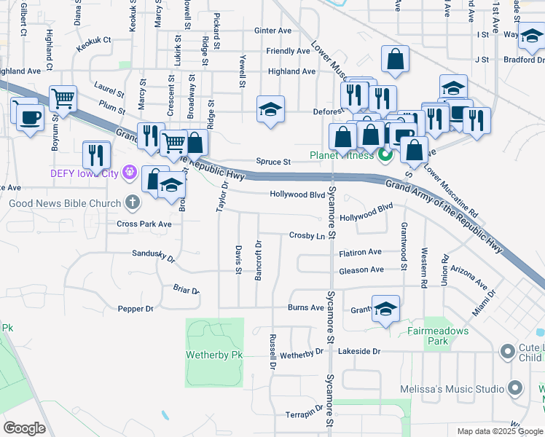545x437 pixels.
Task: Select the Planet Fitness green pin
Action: pyautogui.click(x=385, y=155)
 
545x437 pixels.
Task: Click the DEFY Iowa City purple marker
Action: pyautogui.click(x=130, y=172)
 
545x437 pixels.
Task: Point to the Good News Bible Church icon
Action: pyautogui.click(x=132, y=202)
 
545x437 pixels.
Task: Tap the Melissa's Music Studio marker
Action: pyautogui.click(x=516, y=388)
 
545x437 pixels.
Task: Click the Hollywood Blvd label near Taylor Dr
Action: pyautogui.click(x=297, y=194)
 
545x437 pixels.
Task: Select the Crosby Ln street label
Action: pyautogui.click(x=307, y=236)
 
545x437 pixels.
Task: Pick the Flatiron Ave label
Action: pyautogui.click(x=360, y=252)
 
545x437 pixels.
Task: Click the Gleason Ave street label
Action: pyautogui.click(x=361, y=269)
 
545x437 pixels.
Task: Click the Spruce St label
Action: pyautogui.click(x=273, y=162)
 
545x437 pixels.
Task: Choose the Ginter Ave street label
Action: pyautogui.click(x=272, y=31)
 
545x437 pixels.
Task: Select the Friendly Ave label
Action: pyautogui.click(x=288, y=51)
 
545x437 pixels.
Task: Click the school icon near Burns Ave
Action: pyautogui.click(x=385, y=307)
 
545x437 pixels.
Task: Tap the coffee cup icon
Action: pyautogui.click(x=30, y=117)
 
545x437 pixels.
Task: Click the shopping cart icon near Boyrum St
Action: pyautogui.click(x=63, y=98)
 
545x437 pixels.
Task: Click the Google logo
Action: pyautogui.click(x=25, y=428)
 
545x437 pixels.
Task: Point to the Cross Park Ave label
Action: pyautogui.click(x=144, y=224)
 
